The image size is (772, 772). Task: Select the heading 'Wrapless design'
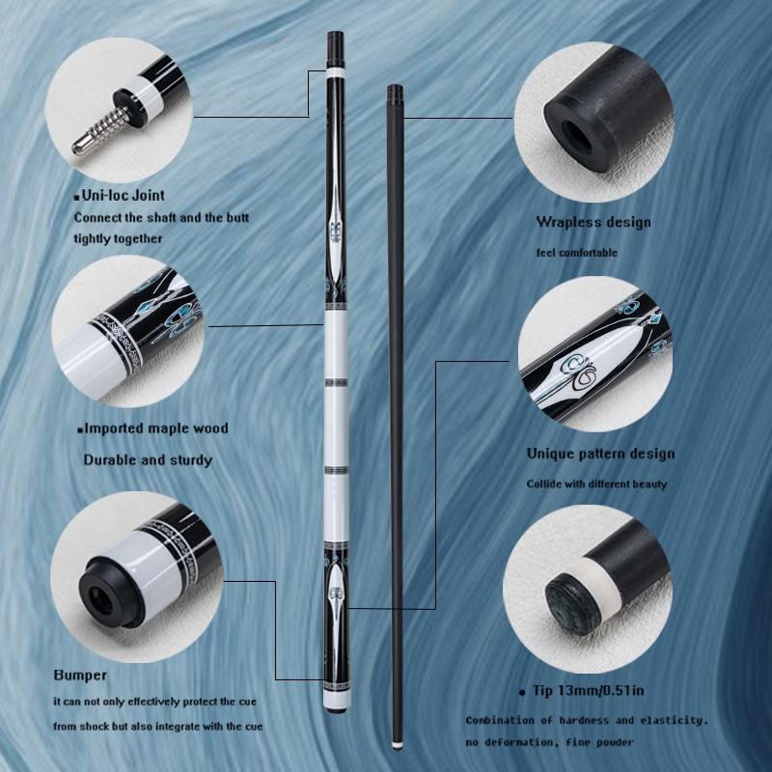coord(593,222)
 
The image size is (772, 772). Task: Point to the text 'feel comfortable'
coord(576,253)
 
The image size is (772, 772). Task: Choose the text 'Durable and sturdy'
coord(148,460)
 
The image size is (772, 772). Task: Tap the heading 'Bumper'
coord(80,675)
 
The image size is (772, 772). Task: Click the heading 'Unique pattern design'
coord(600,454)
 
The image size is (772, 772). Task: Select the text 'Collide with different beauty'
coord(596,484)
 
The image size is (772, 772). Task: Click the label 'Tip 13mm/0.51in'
coord(588,690)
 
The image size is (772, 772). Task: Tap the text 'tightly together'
coord(118,238)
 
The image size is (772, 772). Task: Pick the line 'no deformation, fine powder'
coord(549,742)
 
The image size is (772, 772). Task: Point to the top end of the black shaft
coord(395,87)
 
